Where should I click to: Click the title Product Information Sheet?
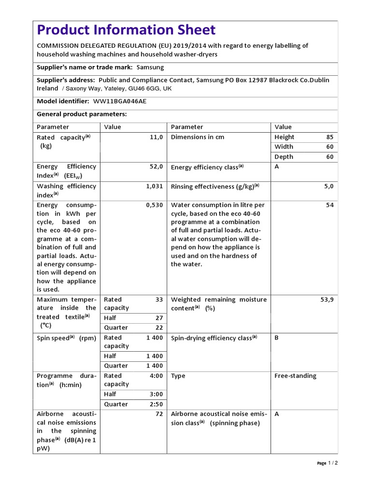(x=127, y=30)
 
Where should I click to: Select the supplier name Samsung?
(x=150, y=67)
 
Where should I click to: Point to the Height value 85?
(x=329, y=137)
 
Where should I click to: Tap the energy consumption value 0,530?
(x=155, y=205)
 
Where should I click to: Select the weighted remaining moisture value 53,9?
(x=327, y=300)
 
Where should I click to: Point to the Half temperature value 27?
(x=159, y=318)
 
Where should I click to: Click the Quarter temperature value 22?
(x=159, y=328)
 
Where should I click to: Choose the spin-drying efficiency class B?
(x=277, y=338)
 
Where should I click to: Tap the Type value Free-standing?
(x=295, y=376)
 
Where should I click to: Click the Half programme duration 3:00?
(x=156, y=394)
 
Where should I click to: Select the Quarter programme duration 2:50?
(x=156, y=404)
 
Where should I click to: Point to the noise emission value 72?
(x=159, y=414)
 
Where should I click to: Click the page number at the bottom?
(x=332, y=463)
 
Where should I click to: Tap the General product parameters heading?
(x=82, y=114)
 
